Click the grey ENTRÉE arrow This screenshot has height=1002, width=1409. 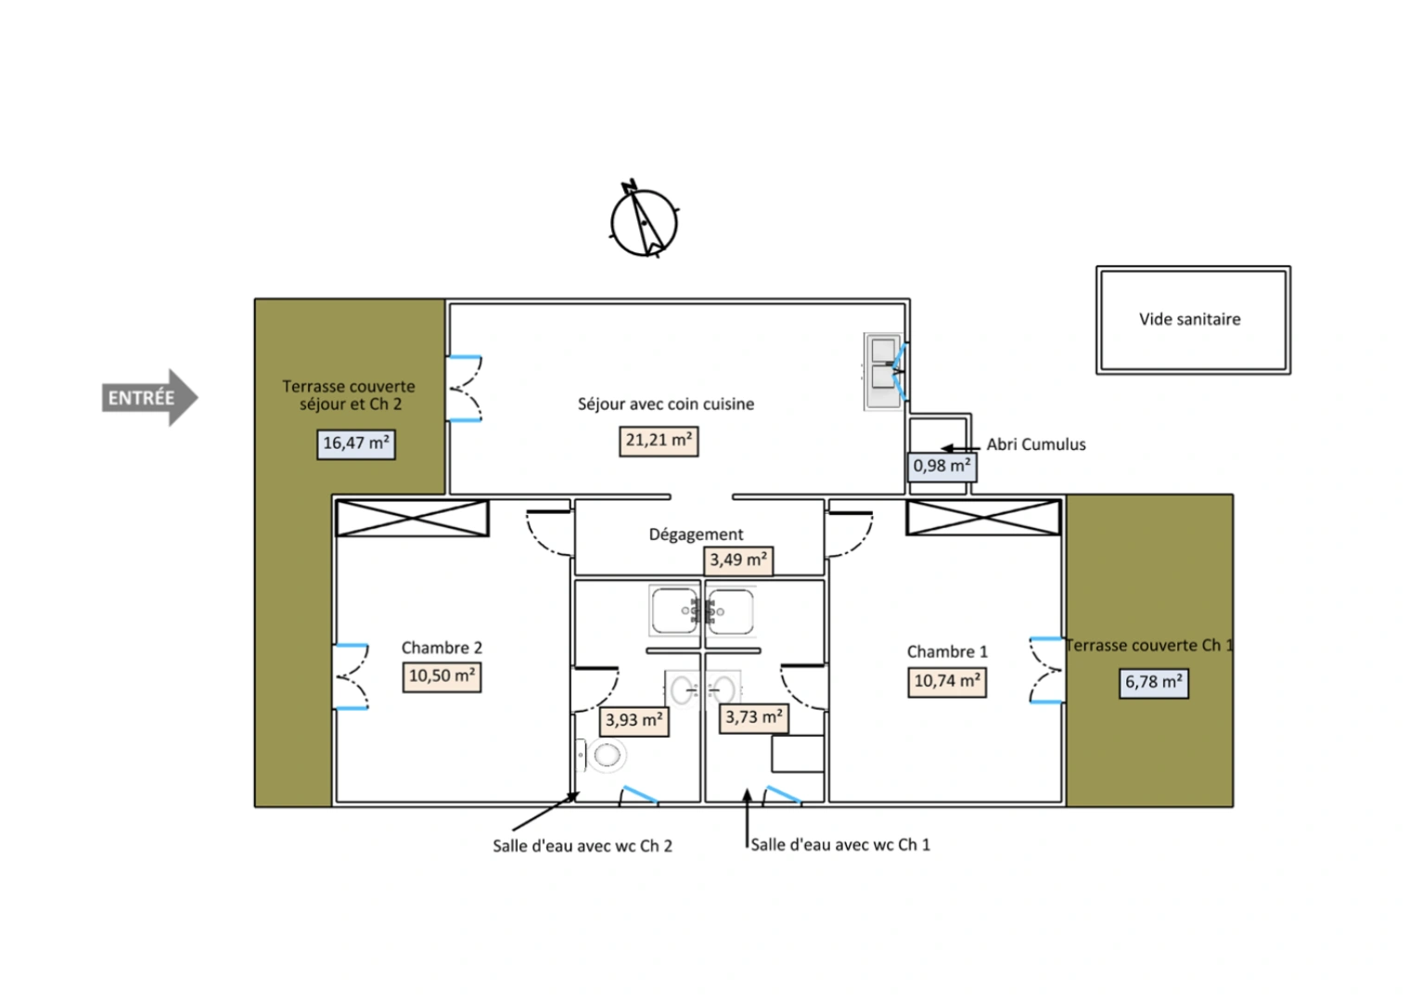(149, 397)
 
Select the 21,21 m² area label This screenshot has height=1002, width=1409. (659, 441)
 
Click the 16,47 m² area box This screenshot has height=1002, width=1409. (356, 444)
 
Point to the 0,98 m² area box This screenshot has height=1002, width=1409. (941, 467)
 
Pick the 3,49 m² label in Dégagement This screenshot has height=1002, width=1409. (738, 559)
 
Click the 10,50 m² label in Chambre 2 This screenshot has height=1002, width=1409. (442, 676)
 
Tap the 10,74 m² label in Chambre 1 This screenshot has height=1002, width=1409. (947, 682)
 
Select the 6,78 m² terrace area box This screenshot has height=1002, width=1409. (1154, 683)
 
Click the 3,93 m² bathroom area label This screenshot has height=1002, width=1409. (634, 721)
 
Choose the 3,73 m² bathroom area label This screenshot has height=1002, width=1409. (753, 718)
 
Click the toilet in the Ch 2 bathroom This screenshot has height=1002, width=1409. (601, 755)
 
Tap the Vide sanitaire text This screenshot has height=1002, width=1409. (1190, 319)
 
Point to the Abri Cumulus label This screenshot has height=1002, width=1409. (1036, 444)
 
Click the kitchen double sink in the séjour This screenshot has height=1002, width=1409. (884, 372)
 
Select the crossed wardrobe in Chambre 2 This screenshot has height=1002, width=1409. (413, 519)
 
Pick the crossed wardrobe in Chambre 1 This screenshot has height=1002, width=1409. (983, 517)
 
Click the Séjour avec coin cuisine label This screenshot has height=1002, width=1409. (666, 405)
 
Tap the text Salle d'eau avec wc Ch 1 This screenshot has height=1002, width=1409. (840, 845)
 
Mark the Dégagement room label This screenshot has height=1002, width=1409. (696, 534)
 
